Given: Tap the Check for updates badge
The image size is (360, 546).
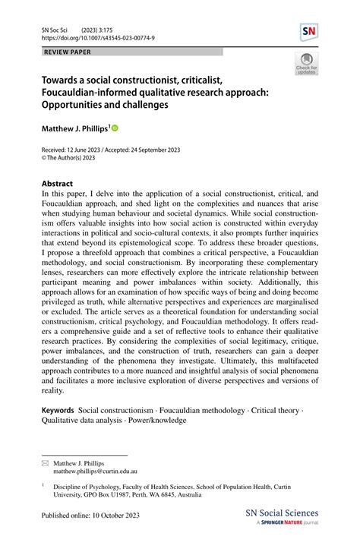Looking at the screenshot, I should click(307, 65).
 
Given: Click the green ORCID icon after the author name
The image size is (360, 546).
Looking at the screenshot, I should click(116, 130).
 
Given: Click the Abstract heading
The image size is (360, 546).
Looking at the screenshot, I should click(58, 184).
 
